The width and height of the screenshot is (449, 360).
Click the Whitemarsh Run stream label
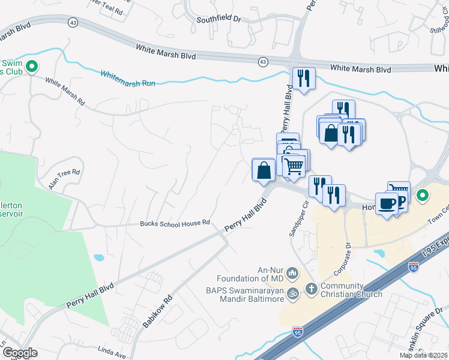coord(128,79)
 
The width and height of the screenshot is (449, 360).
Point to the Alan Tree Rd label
coord(64,178)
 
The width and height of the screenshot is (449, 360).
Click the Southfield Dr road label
coord(218,20)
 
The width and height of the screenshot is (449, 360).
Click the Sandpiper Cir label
coord(299,220)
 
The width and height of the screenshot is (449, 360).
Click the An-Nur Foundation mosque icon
coord(293,274)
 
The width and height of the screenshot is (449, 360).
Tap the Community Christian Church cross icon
coord(311,289)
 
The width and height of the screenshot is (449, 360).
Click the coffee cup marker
coord(386,203)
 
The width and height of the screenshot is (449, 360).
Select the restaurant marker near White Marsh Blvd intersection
coord(303,78)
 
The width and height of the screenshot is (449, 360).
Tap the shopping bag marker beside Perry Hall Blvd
coord(264,170)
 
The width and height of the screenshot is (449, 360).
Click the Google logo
coord(20,353)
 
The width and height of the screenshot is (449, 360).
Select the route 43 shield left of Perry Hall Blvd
coord(263,61)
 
